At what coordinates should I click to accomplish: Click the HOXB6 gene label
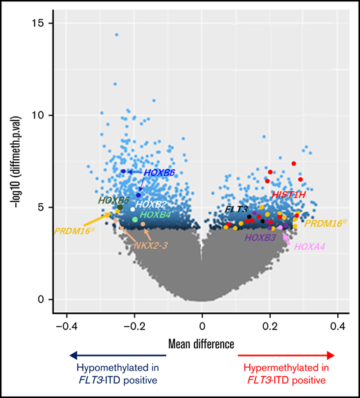click(x=159, y=172)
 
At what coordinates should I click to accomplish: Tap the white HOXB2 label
click(x=152, y=205)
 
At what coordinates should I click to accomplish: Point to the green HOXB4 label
click(x=155, y=215)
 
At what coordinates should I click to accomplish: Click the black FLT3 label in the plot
click(x=236, y=208)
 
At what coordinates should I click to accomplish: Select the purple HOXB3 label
click(x=260, y=237)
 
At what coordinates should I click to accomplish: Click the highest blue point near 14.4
click(x=116, y=34)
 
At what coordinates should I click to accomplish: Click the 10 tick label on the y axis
click(x=38, y=115)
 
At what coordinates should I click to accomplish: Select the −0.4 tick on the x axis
click(x=66, y=325)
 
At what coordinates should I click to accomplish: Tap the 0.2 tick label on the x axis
click(x=270, y=325)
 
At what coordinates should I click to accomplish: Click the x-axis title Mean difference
click(x=202, y=343)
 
